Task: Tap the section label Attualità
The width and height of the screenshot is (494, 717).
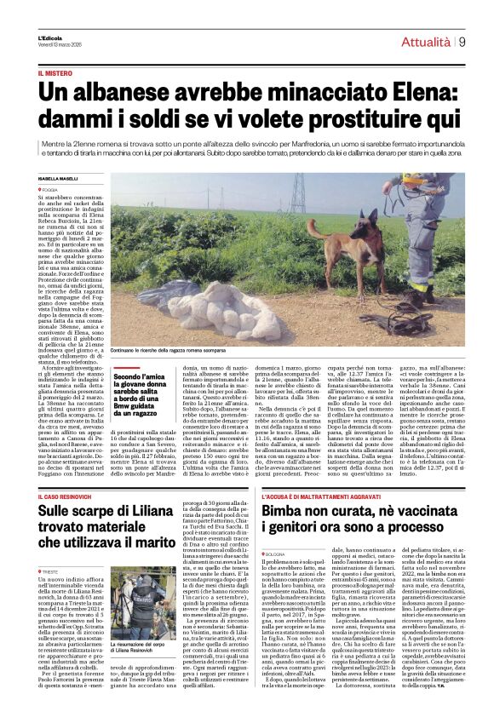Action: pos(426,41)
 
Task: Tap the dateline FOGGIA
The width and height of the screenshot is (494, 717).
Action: pos(74,189)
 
